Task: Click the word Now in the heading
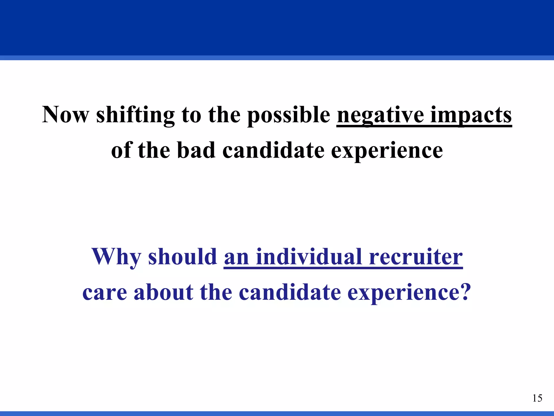click(65, 115)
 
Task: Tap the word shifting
click(135, 115)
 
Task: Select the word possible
click(289, 115)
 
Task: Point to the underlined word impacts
click(471, 115)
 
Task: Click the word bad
click(196, 150)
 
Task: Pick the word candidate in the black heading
click(273, 150)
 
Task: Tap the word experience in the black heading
click(387, 150)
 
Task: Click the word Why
click(116, 257)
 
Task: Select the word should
click(183, 257)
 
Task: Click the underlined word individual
click(309, 257)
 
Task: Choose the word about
click(163, 292)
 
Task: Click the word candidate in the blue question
click(289, 292)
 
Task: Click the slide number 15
click(537, 398)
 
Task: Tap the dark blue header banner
click(277, 27)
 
